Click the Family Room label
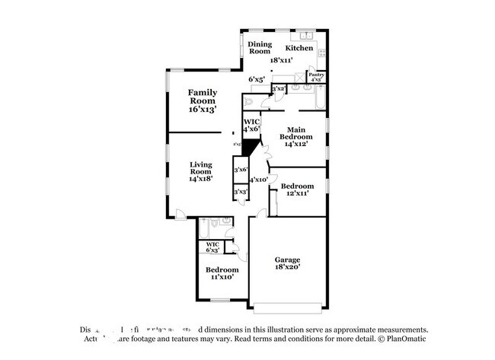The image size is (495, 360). pos(203,96)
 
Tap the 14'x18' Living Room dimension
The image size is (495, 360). pos(201,177)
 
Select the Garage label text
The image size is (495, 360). pos(287,259)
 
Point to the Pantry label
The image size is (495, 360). pos(317,75)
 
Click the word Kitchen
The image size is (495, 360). pos(299,48)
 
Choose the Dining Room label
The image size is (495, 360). pos(260,47)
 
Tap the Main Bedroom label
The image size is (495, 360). pos(296,134)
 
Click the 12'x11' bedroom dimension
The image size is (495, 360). pos(297,194)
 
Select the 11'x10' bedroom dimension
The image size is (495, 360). pos(222,277)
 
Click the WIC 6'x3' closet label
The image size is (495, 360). pos(212,247)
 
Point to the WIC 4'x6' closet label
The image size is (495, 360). pos(251,126)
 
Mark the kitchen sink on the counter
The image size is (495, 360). pos(307,35)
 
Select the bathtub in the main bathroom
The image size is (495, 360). pos(319,99)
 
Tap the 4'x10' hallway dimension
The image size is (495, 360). pos(258,180)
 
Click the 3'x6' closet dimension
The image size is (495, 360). pos(241,170)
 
